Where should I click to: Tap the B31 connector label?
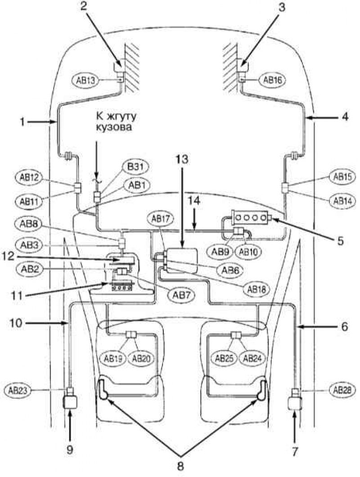(136, 167)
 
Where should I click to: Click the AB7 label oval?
(181, 294)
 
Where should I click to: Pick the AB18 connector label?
(256, 289)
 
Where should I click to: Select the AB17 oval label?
(160, 219)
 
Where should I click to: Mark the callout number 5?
(340, 241)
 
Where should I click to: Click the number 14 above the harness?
(193, 201)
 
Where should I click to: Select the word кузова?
(114, 127)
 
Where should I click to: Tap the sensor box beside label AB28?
(295, 403)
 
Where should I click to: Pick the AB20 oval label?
(141, 358)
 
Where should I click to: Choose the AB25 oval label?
(224, 358)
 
